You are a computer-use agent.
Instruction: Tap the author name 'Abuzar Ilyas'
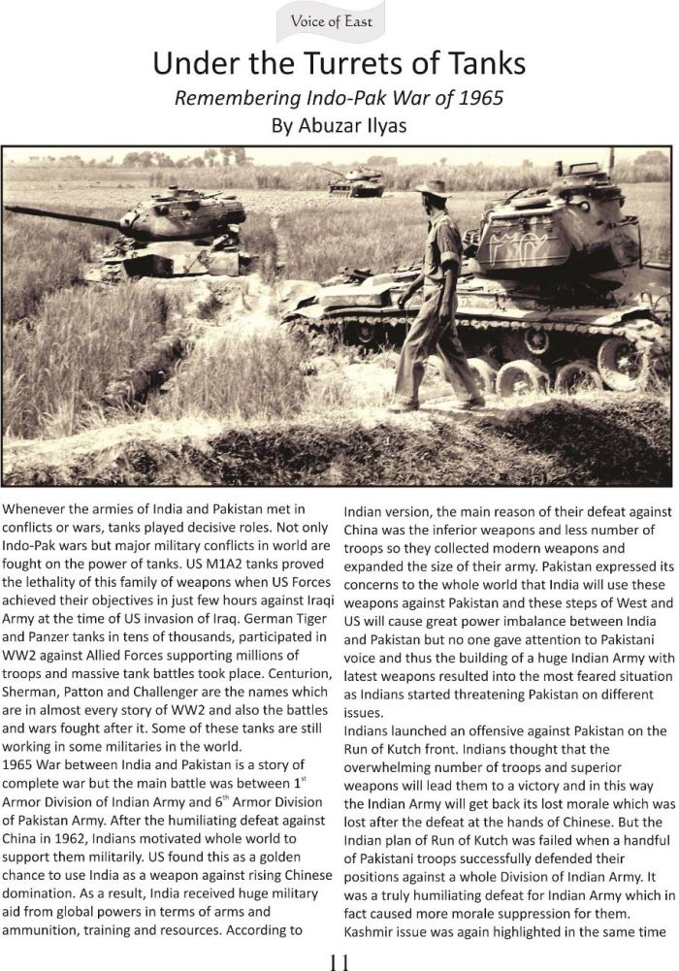point(354,124)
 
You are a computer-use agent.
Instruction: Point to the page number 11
point(339,960)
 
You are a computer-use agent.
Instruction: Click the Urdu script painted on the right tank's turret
point(524,249)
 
